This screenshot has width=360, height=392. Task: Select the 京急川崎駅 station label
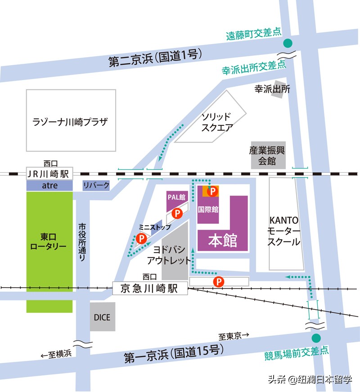click(150, 289)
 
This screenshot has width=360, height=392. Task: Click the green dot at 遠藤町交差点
click(287, 44)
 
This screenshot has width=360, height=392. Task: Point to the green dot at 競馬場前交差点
click(316, 338)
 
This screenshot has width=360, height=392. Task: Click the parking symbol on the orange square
click(211, 192)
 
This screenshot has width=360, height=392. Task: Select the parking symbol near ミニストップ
click(141, 238)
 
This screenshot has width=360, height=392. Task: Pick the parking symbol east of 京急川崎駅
click(218, 281)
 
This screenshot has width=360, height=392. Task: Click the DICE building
click(102, 317)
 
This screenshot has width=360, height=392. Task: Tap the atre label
click(49, 185)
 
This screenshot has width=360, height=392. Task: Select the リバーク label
click(96, 185)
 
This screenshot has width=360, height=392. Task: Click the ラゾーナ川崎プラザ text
click(71, 121)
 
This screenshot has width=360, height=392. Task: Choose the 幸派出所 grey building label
click(272, 89)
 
